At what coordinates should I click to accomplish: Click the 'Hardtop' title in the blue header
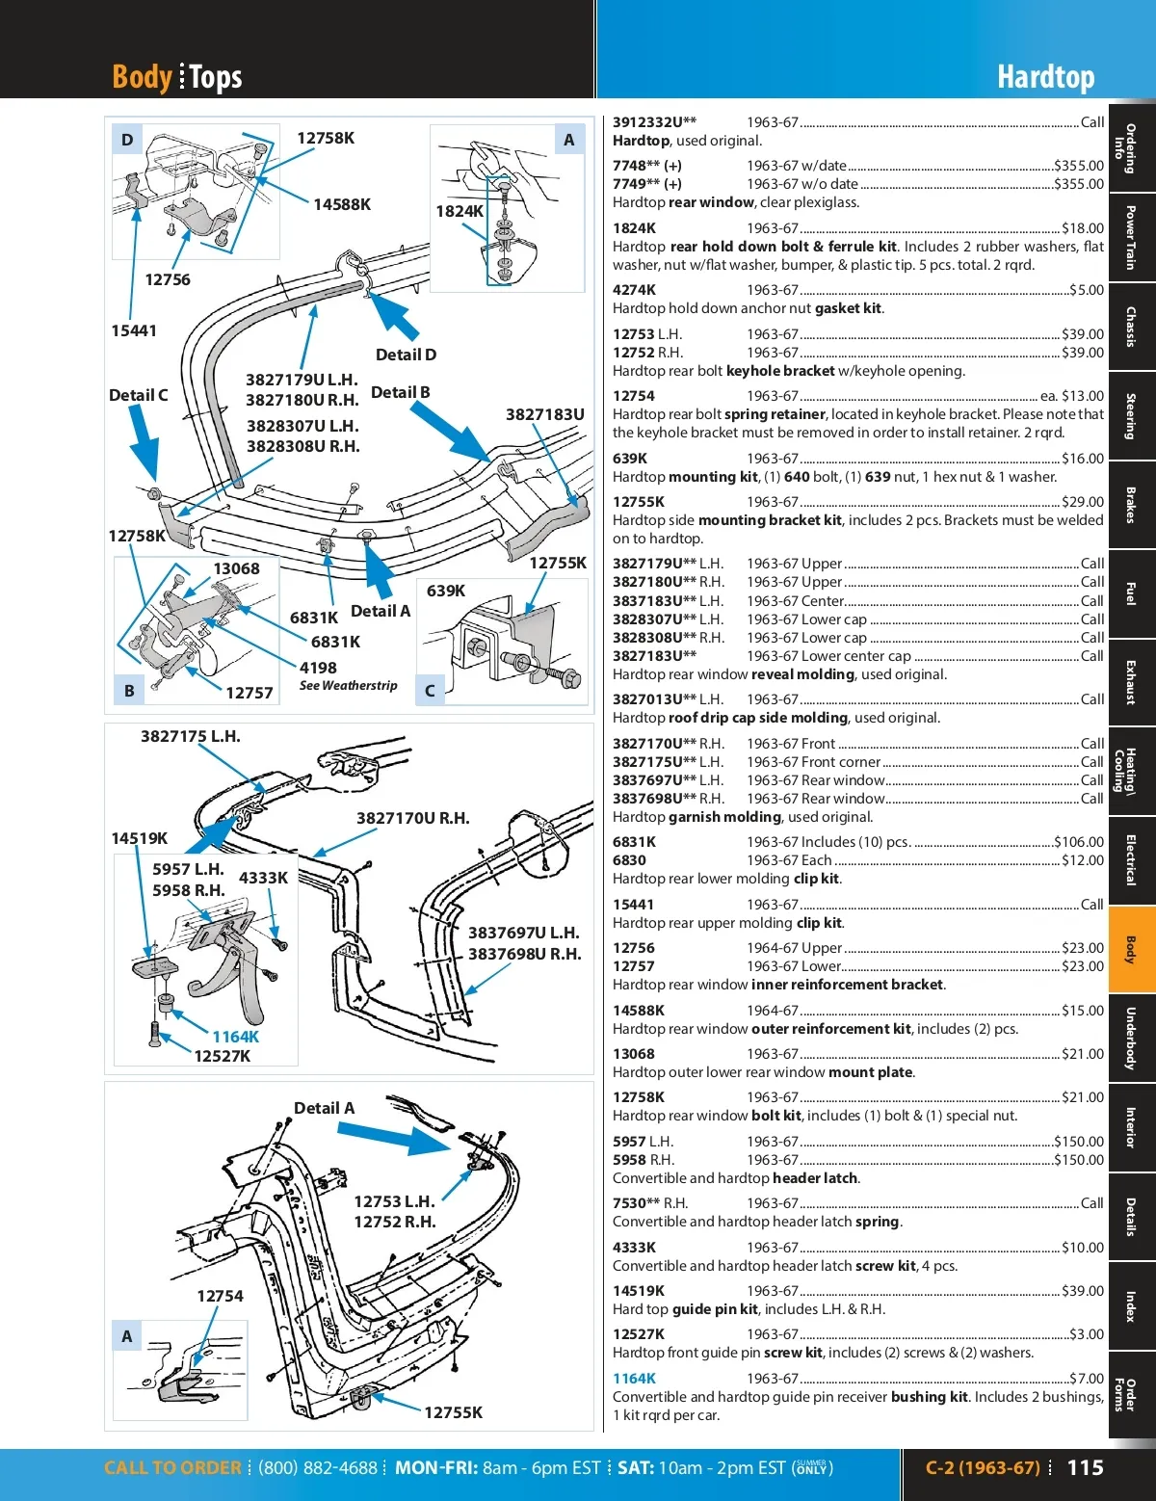1045,77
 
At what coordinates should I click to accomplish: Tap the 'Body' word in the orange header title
142,76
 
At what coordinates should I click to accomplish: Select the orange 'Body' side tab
1131,950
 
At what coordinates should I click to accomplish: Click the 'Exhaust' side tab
1131,682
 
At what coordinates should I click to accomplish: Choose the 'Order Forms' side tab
1131,1394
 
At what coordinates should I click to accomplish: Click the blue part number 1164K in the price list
634,1379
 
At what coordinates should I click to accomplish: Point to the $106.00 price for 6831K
1079,842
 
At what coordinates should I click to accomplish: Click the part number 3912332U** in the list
654,122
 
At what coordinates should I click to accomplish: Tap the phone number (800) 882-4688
317,1468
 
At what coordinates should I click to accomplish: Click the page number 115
1085,1467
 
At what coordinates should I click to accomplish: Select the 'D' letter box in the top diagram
127,140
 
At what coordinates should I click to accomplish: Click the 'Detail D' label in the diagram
406,355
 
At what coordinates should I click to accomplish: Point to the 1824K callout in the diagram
460,211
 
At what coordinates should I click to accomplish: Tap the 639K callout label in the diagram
446,591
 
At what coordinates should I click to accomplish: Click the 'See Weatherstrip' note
348,686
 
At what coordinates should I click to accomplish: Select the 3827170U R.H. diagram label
412,818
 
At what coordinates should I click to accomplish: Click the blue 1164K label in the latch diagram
235,1037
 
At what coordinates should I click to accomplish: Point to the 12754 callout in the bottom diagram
220,1296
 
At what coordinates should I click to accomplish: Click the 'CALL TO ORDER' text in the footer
172,1468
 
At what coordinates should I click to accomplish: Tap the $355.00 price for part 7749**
1079,184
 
